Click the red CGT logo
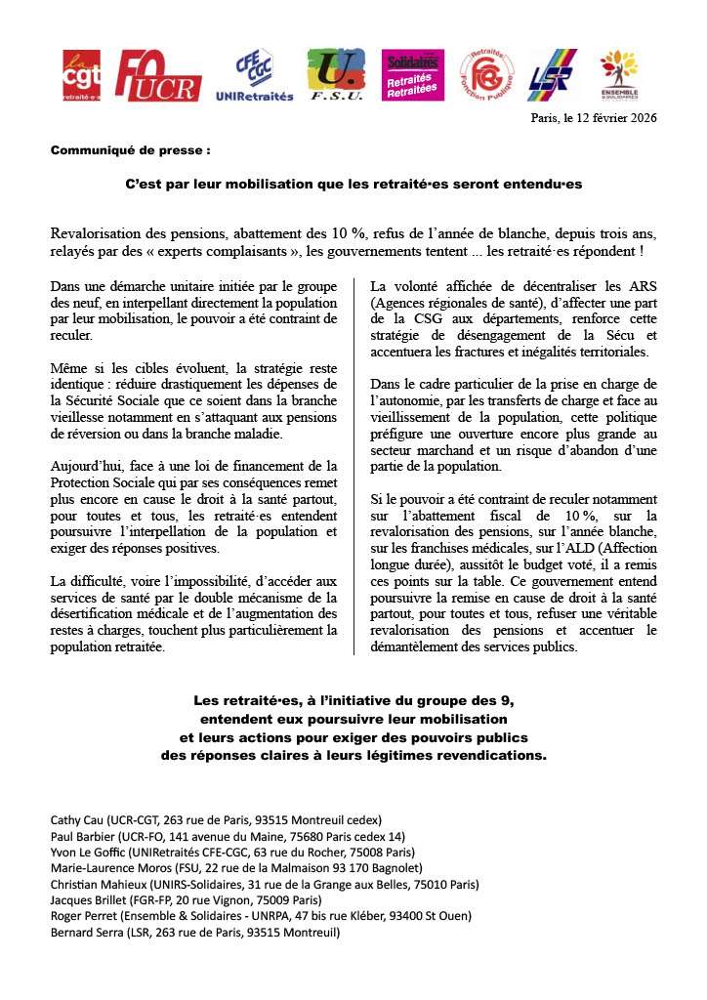pyautogui.click(x=81, y=76)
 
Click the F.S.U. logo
pyautogui.click(x=336, y=75)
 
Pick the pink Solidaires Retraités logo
pyautogui.click(x=413, y=75)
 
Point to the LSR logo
pyautogui.click(x=553, y=75)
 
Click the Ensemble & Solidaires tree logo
pyautogui.click(x=620, y=75)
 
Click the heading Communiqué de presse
pyautogui.click(x=130, y=151)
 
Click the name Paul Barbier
pyautogui.click(x=83, y=836)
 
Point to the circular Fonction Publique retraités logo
pyautogui.click(x=486, y=75)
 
